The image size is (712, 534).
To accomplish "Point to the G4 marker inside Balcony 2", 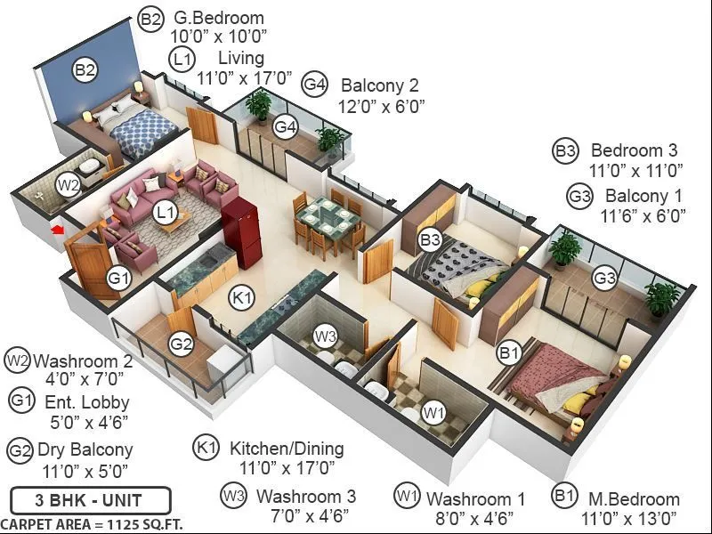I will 285,127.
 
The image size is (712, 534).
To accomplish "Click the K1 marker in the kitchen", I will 241,298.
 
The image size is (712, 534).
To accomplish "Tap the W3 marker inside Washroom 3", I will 326,336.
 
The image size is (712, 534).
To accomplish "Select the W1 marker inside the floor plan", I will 433,412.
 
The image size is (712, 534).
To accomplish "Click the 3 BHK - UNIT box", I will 90,500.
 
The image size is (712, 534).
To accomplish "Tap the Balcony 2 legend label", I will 380,85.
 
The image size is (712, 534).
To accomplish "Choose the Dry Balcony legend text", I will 85,449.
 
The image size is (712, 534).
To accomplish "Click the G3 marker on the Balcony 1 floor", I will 605,279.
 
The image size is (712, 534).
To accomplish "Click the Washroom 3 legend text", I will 306,497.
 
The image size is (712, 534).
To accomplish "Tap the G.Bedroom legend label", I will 218,18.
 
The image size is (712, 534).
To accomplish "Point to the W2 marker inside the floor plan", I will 69,184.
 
